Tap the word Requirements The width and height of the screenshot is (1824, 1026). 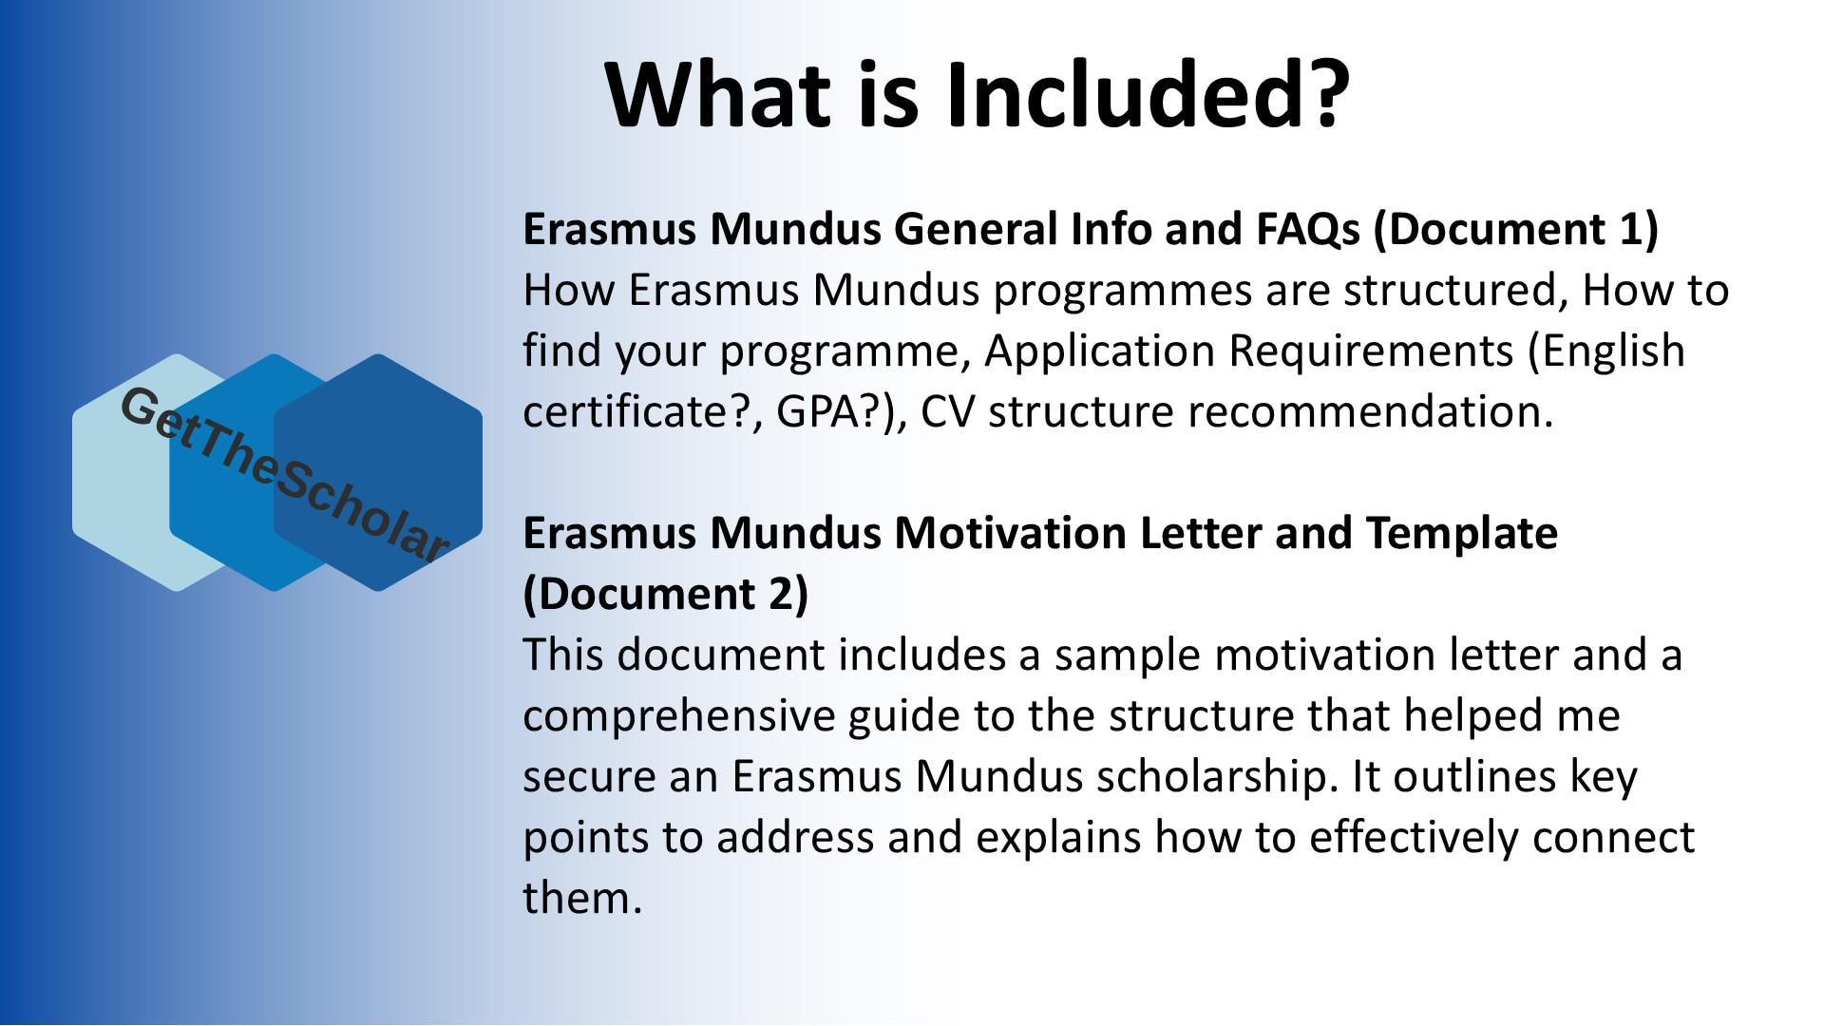(x=1370, y=351)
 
